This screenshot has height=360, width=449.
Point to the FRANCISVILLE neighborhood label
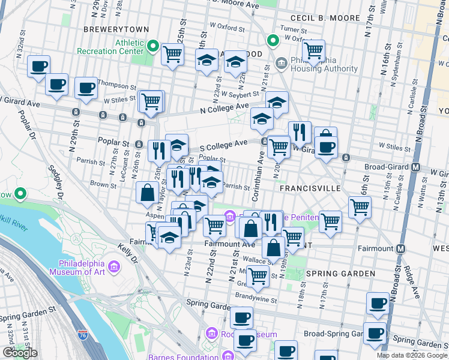[x=310, y=188]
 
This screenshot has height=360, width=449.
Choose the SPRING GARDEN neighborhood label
[x=340, y=274]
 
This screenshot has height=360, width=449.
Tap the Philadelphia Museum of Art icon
[x=112, y=265]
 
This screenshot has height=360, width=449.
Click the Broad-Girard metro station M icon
[x=415, y=166]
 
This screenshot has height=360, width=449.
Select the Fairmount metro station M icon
[x=400, y=248]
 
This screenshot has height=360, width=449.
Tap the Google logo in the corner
[x=20, y=353]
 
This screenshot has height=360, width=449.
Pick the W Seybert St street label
[x=239, y=94]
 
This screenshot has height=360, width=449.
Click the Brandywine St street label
[x=256, y=295]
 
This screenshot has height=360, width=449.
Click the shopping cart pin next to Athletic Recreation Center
[x=173, y=53]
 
